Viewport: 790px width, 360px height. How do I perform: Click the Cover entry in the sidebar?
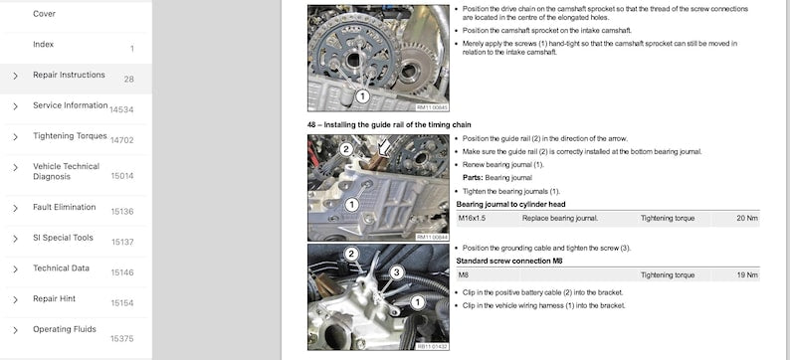click(x=44, y=14)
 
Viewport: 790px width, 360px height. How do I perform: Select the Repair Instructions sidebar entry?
click(x=69, y=75)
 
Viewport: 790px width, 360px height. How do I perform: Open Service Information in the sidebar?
click(x=70, y=105)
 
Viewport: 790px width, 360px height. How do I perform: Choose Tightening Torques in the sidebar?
click(x=70, y=135)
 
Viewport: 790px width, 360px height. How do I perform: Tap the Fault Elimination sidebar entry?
click(x=64, y=207)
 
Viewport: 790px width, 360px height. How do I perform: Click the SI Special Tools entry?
click(x=63, y=238)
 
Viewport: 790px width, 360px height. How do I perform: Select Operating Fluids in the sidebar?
click(x=66, y=329)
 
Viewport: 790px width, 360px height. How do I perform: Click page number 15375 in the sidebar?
click(x=121, y=338)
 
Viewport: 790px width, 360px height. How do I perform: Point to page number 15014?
click(x=121, y=176)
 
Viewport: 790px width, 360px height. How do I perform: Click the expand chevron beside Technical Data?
click(x=15, y=269)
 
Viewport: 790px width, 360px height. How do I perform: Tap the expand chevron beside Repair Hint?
click(x=15, y=299)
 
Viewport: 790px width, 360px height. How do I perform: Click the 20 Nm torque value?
click(x=746, y=217)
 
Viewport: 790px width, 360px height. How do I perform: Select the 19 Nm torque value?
click(x=746, y=274)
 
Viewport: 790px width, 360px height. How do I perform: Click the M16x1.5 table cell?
click(x=475, y=217)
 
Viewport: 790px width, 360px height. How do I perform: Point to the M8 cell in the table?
click(x=464, y=274)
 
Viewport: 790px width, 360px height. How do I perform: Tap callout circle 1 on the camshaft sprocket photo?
click(x=362, y=96)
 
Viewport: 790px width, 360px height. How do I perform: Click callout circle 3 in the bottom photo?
click(x=395, y=271)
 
